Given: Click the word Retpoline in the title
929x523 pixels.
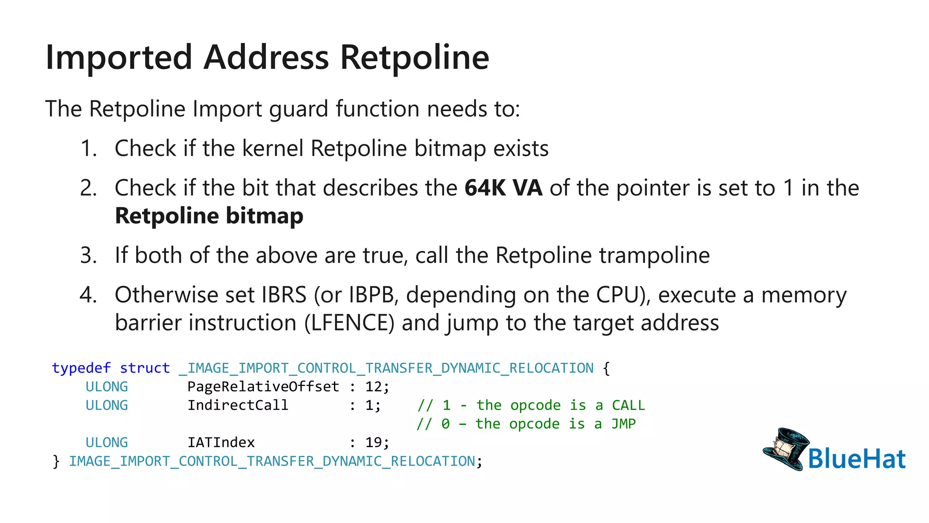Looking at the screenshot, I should pos(414,58).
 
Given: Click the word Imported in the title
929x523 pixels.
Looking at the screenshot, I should pos(119,58).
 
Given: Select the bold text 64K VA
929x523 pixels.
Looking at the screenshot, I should pos(503,188).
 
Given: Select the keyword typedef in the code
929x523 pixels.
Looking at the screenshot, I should pos(81,368).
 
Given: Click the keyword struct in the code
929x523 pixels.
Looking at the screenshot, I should pos(145,368).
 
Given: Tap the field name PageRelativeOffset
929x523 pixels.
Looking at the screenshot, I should pos(263,387).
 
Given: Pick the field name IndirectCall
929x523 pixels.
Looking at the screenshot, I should pos(238,405).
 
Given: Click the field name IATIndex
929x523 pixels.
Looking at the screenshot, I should pos(221,443).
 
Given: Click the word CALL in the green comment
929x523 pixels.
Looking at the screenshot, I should pos(628,405).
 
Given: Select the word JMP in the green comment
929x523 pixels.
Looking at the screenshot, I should pos(623,424).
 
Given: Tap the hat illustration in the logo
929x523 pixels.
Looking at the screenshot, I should pos(785,449).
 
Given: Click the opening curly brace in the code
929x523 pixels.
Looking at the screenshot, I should pos(606,368).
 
